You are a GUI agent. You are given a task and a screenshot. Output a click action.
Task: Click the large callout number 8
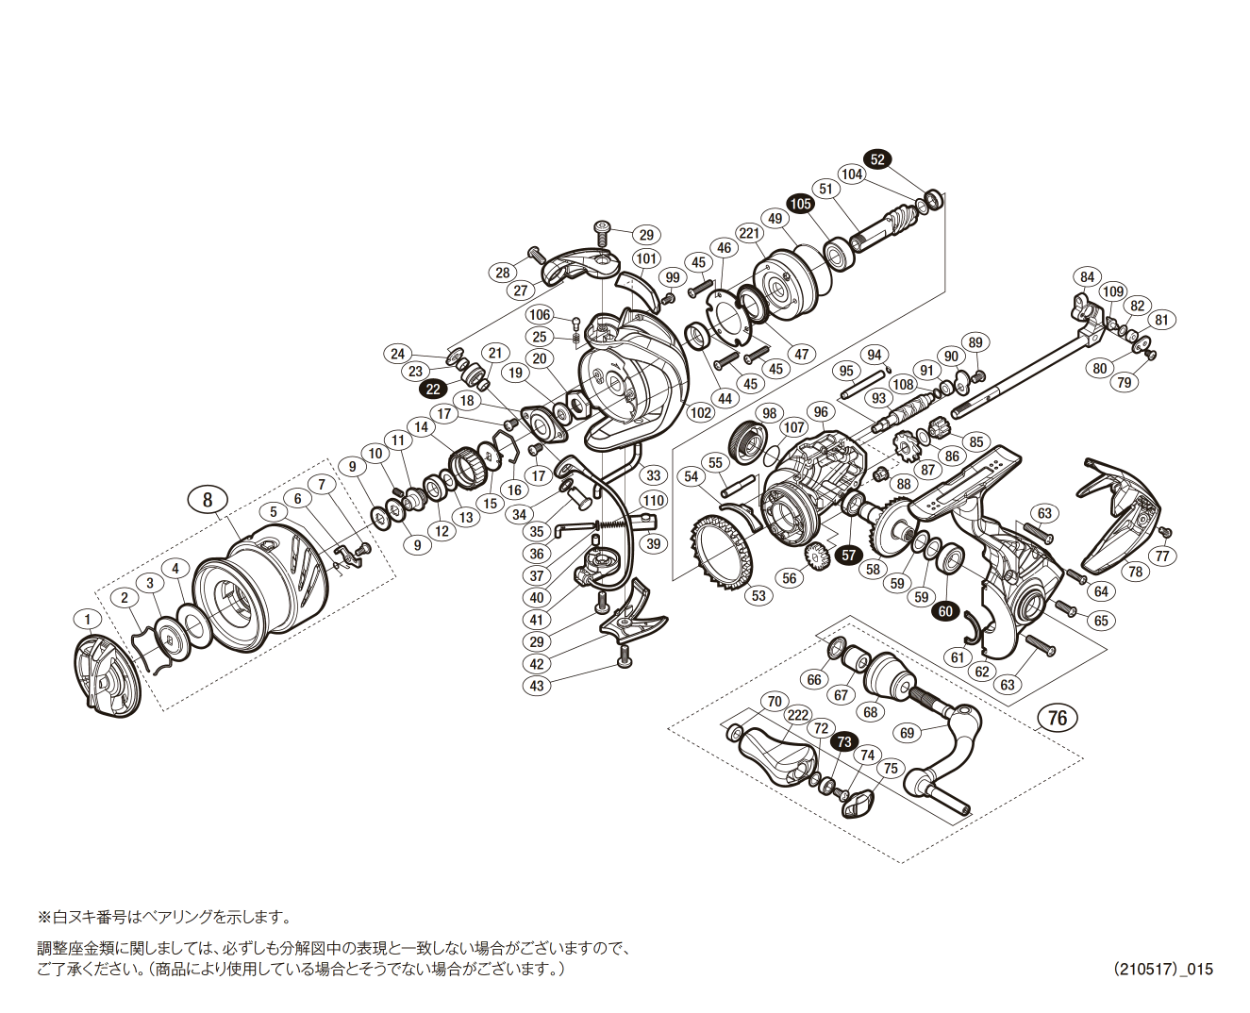208,499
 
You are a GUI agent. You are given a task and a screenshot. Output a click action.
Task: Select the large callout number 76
1058,718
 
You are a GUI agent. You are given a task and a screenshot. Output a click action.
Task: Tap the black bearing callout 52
877,159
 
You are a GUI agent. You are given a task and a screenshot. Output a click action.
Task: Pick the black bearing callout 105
800,204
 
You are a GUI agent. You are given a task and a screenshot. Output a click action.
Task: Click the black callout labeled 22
432,389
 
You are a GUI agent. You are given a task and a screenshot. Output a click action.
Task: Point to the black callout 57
848,555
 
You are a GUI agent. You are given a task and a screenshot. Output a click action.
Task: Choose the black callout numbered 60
945,611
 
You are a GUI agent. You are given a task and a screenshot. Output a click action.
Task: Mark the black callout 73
843,741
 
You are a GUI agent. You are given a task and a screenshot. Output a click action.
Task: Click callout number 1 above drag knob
88,620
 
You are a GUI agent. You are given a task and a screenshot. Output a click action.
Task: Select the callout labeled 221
749,233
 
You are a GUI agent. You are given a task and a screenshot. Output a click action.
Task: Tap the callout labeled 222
797,714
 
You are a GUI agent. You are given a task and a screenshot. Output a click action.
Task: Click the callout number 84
1088,276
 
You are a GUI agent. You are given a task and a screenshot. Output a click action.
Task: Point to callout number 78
1135,572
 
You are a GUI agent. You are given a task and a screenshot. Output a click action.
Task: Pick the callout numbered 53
758,595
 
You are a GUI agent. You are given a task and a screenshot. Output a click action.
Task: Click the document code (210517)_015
1162,969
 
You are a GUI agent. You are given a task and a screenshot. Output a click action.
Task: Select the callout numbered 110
653,501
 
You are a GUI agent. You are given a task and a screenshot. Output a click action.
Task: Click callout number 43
537,686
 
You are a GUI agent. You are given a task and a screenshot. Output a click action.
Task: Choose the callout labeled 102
700,412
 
